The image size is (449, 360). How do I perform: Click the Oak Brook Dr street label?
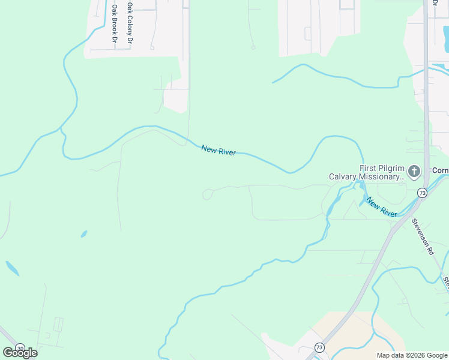[114, 23]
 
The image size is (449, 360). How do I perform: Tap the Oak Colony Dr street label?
[129, 23]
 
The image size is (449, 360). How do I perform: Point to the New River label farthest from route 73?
[218, 150]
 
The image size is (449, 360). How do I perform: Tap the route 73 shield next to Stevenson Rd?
[423, 193]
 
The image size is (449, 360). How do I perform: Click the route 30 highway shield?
[20, 348]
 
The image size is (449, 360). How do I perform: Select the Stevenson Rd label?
[422, 236]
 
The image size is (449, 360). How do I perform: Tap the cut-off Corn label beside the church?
[441, 170]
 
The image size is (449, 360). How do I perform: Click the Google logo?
[20, 352]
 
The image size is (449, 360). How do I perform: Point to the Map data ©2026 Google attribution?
[412, 355]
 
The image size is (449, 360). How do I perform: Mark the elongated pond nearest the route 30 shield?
[12, 268]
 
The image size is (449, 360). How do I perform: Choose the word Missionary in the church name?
[381, 176]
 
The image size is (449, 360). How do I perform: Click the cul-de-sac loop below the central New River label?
[208, 194]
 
